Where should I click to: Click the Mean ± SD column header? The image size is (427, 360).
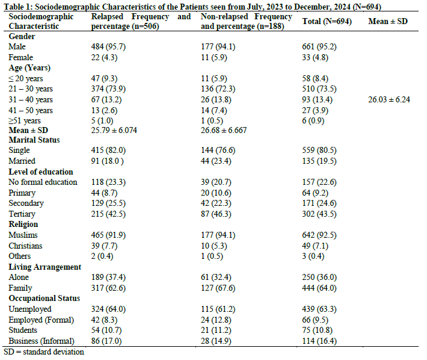click(x=389, y=21)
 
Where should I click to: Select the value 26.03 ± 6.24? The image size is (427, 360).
click(x=389, y=99)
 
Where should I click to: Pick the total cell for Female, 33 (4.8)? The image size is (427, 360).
click(x=319, y=58)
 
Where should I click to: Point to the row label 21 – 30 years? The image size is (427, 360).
click(x=31, y=89)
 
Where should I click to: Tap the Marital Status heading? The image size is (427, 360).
click(x=35, y=140)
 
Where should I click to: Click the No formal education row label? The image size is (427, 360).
click(x=43, y=182)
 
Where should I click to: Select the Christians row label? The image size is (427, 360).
click(x=26, y=245)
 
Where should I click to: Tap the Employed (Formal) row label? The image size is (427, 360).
click(x=41, y=319)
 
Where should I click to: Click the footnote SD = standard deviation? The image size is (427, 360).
click(x=44, y=352)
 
